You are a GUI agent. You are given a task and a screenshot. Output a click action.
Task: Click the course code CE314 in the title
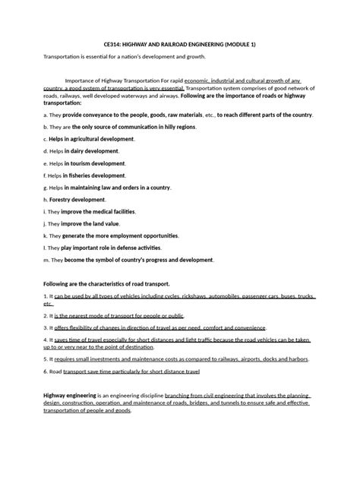pos(113,45)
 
